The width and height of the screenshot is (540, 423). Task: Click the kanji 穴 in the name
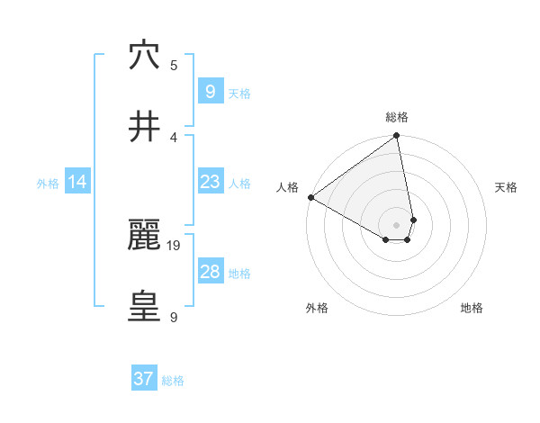144,55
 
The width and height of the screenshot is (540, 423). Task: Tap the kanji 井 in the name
144,127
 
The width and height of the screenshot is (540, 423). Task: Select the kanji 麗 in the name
144,235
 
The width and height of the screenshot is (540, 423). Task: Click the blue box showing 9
210,91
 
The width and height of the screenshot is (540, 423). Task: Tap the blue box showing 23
210,182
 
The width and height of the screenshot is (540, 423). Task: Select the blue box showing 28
210,272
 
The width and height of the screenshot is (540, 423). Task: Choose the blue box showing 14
77,182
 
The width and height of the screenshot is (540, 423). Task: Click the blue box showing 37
144,379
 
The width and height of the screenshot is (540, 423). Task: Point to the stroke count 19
175,245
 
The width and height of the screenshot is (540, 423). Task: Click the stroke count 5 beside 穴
175,65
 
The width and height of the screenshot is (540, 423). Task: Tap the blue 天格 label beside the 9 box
239,94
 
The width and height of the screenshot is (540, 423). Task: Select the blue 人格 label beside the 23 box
239,184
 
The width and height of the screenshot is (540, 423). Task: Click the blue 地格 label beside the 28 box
239,274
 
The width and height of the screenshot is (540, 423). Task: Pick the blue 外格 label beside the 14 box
48,184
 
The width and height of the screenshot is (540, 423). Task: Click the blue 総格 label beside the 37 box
173,382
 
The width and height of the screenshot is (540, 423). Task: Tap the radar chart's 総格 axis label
396,117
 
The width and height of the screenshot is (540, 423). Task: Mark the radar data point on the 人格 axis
310,197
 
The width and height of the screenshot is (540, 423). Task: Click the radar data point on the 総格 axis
397,136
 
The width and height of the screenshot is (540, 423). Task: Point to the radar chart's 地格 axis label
472,308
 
